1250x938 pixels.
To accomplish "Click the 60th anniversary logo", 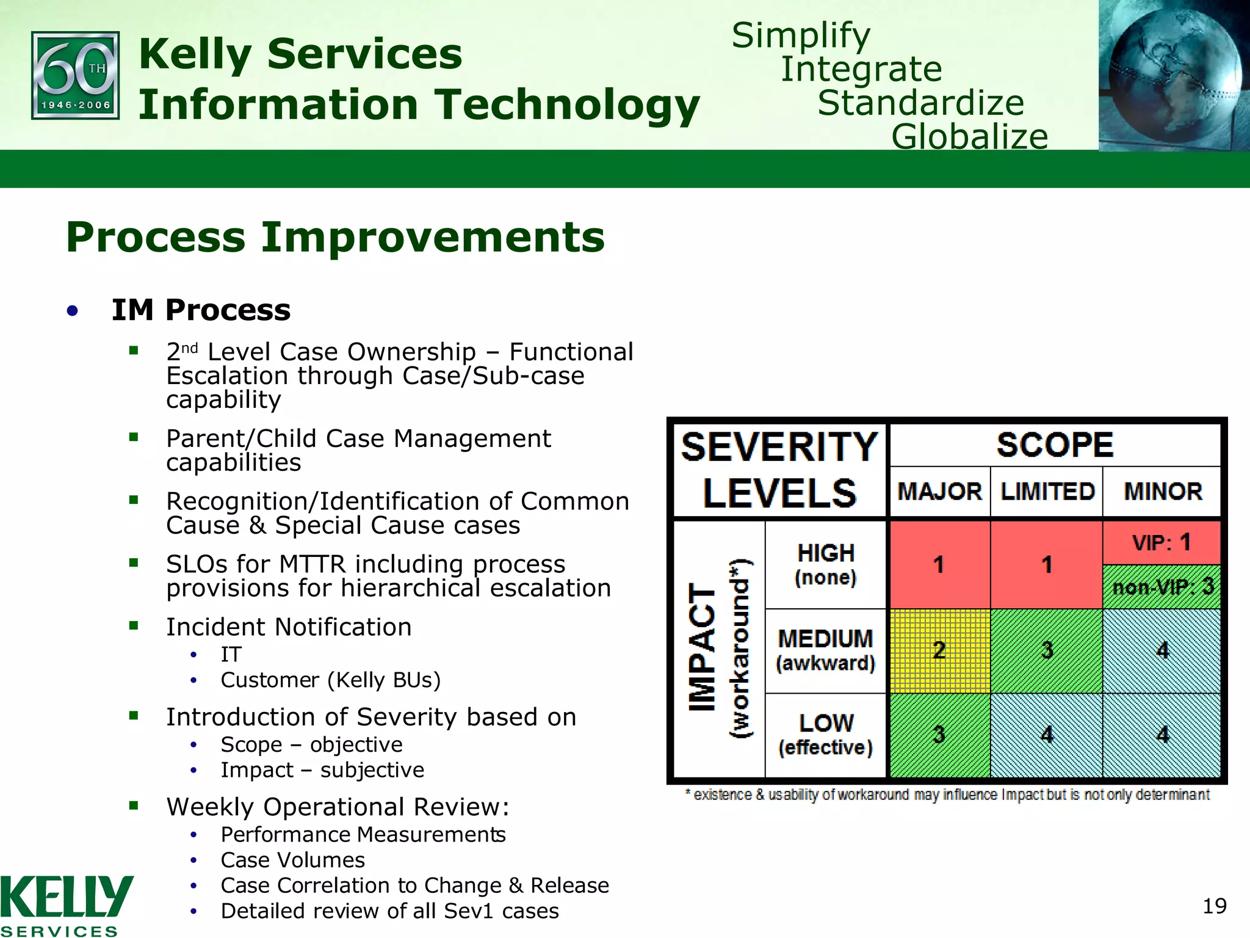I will point(75,75).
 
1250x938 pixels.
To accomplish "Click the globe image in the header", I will point(1173,75).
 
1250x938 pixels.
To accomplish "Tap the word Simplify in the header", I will point(801,35).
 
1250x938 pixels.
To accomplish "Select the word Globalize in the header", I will point(969,136).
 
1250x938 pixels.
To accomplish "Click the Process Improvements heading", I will point(335,237).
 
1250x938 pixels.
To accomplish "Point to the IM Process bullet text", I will point(201,310).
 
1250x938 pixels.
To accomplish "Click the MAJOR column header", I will point(939,492).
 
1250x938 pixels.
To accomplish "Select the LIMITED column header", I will point(1047,492).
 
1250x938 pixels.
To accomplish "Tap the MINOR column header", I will point(1163,492).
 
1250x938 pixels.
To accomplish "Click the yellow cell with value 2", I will point(939,650).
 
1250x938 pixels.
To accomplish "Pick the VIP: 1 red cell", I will point(1161,542).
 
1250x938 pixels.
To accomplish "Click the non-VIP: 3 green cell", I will point(1161,587).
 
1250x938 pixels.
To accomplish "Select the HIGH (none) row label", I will point(825,564).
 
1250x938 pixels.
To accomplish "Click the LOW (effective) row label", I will point(825,735).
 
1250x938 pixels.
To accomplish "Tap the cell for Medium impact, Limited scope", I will point(1047,650).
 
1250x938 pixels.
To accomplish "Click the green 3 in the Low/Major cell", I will point(939,735).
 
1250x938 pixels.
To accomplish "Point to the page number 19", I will point(1214,906).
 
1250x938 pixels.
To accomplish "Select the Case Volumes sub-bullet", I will point(292,860).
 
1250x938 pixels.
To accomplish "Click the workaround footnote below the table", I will point(947,794).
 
